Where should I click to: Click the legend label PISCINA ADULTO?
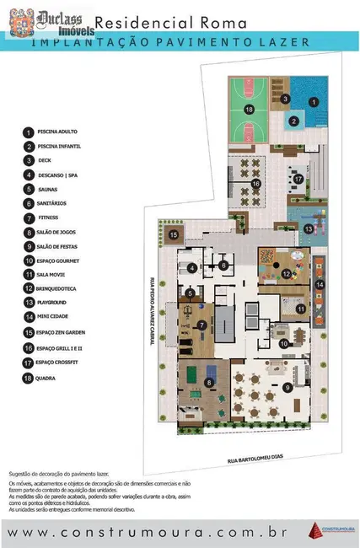(56, 132)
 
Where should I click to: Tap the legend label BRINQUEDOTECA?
(58, 290)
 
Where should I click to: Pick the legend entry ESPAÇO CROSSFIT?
(60, 362)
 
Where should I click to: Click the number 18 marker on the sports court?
(250, 110)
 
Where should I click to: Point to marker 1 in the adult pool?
(313, 102)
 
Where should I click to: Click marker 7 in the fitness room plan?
(201, 325)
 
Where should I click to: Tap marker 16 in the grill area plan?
(255, 182)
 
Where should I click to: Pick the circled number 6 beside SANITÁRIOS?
(28, 204)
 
